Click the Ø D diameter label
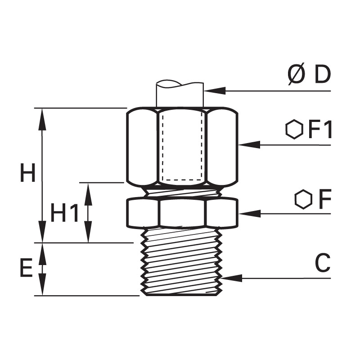(309, 74)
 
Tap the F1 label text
(320, 130)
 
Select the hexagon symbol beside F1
(294, 129)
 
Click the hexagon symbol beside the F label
(303, 199)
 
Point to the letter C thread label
(323, 263)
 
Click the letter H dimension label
(27, 173)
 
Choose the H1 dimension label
(64, 212)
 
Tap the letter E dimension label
(27, 267)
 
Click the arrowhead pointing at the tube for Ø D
(215, 91)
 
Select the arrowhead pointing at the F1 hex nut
(249, 145)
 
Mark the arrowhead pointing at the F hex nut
(250, 213)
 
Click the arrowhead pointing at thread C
(231, 278)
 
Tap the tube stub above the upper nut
(180, 94)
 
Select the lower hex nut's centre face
(182, 213)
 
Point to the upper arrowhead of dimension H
(42, 119)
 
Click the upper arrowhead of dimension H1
(88, 194)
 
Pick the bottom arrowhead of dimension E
(42, 284)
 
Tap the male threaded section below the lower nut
(182, 262)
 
